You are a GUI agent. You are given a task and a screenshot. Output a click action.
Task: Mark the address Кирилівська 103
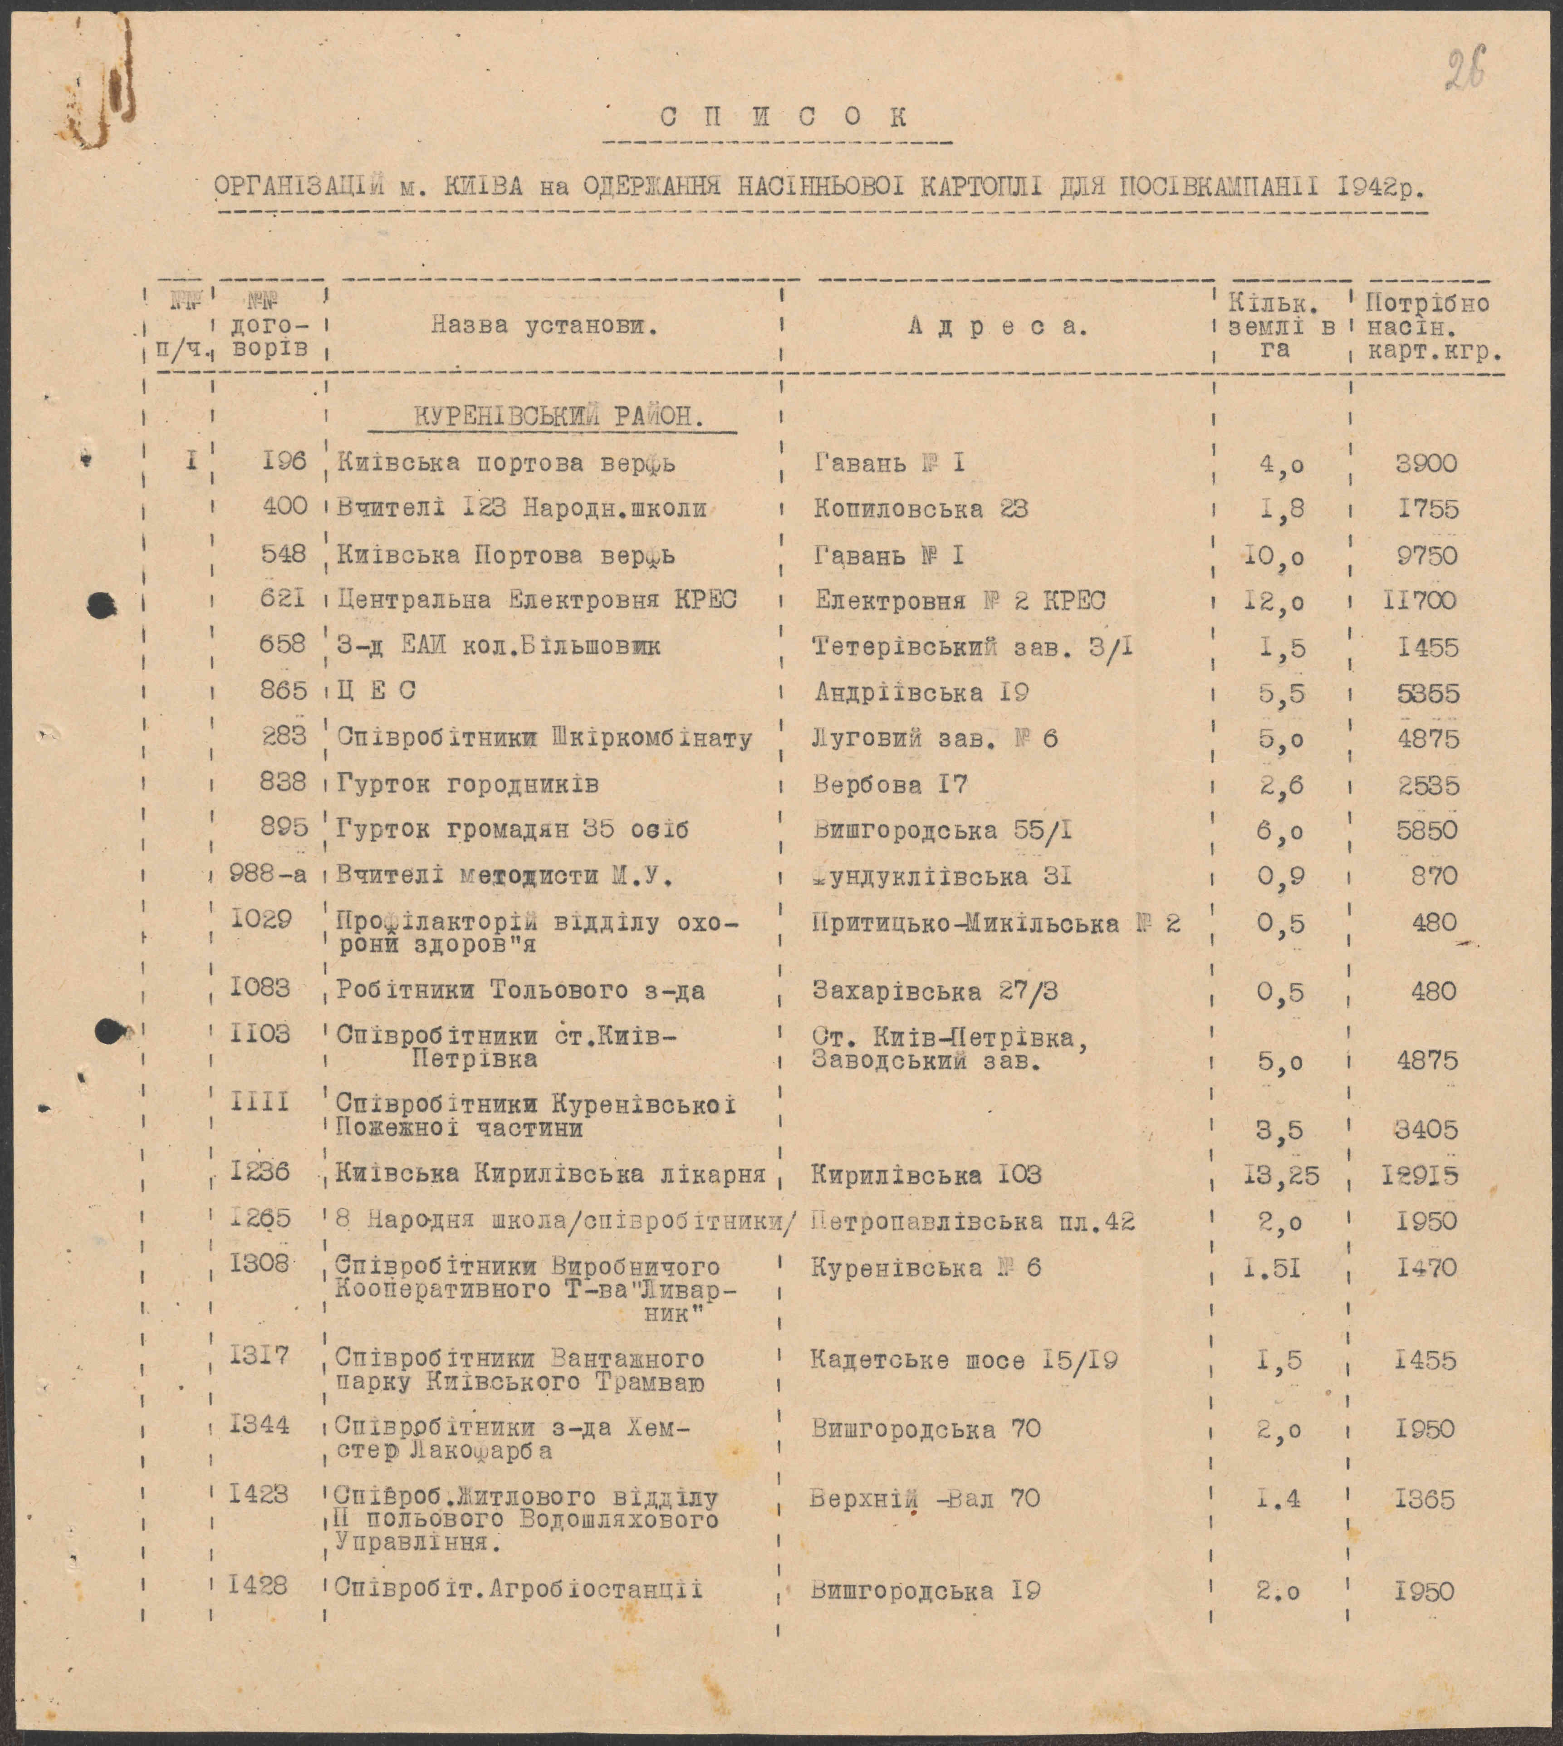(x=926, y=1174)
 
